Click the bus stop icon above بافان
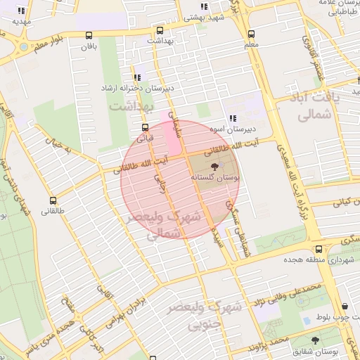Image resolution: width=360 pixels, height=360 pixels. point(89,35)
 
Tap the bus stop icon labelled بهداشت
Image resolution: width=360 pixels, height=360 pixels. point(160,30)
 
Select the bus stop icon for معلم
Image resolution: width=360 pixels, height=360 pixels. point(251,33)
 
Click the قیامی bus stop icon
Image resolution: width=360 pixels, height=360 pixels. point(145,127)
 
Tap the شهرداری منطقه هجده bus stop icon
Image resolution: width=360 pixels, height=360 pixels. point(319,249)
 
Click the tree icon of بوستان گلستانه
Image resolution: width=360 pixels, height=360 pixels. point(212,166)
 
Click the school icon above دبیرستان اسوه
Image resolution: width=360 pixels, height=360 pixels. point(232,118)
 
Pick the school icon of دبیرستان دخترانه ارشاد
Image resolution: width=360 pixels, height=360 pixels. point(137,78)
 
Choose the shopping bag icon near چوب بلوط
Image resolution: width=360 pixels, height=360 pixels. point(345,307)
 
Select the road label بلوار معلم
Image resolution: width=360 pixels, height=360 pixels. point(50,42)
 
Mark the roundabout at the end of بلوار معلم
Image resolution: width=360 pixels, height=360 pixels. point(24,47)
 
